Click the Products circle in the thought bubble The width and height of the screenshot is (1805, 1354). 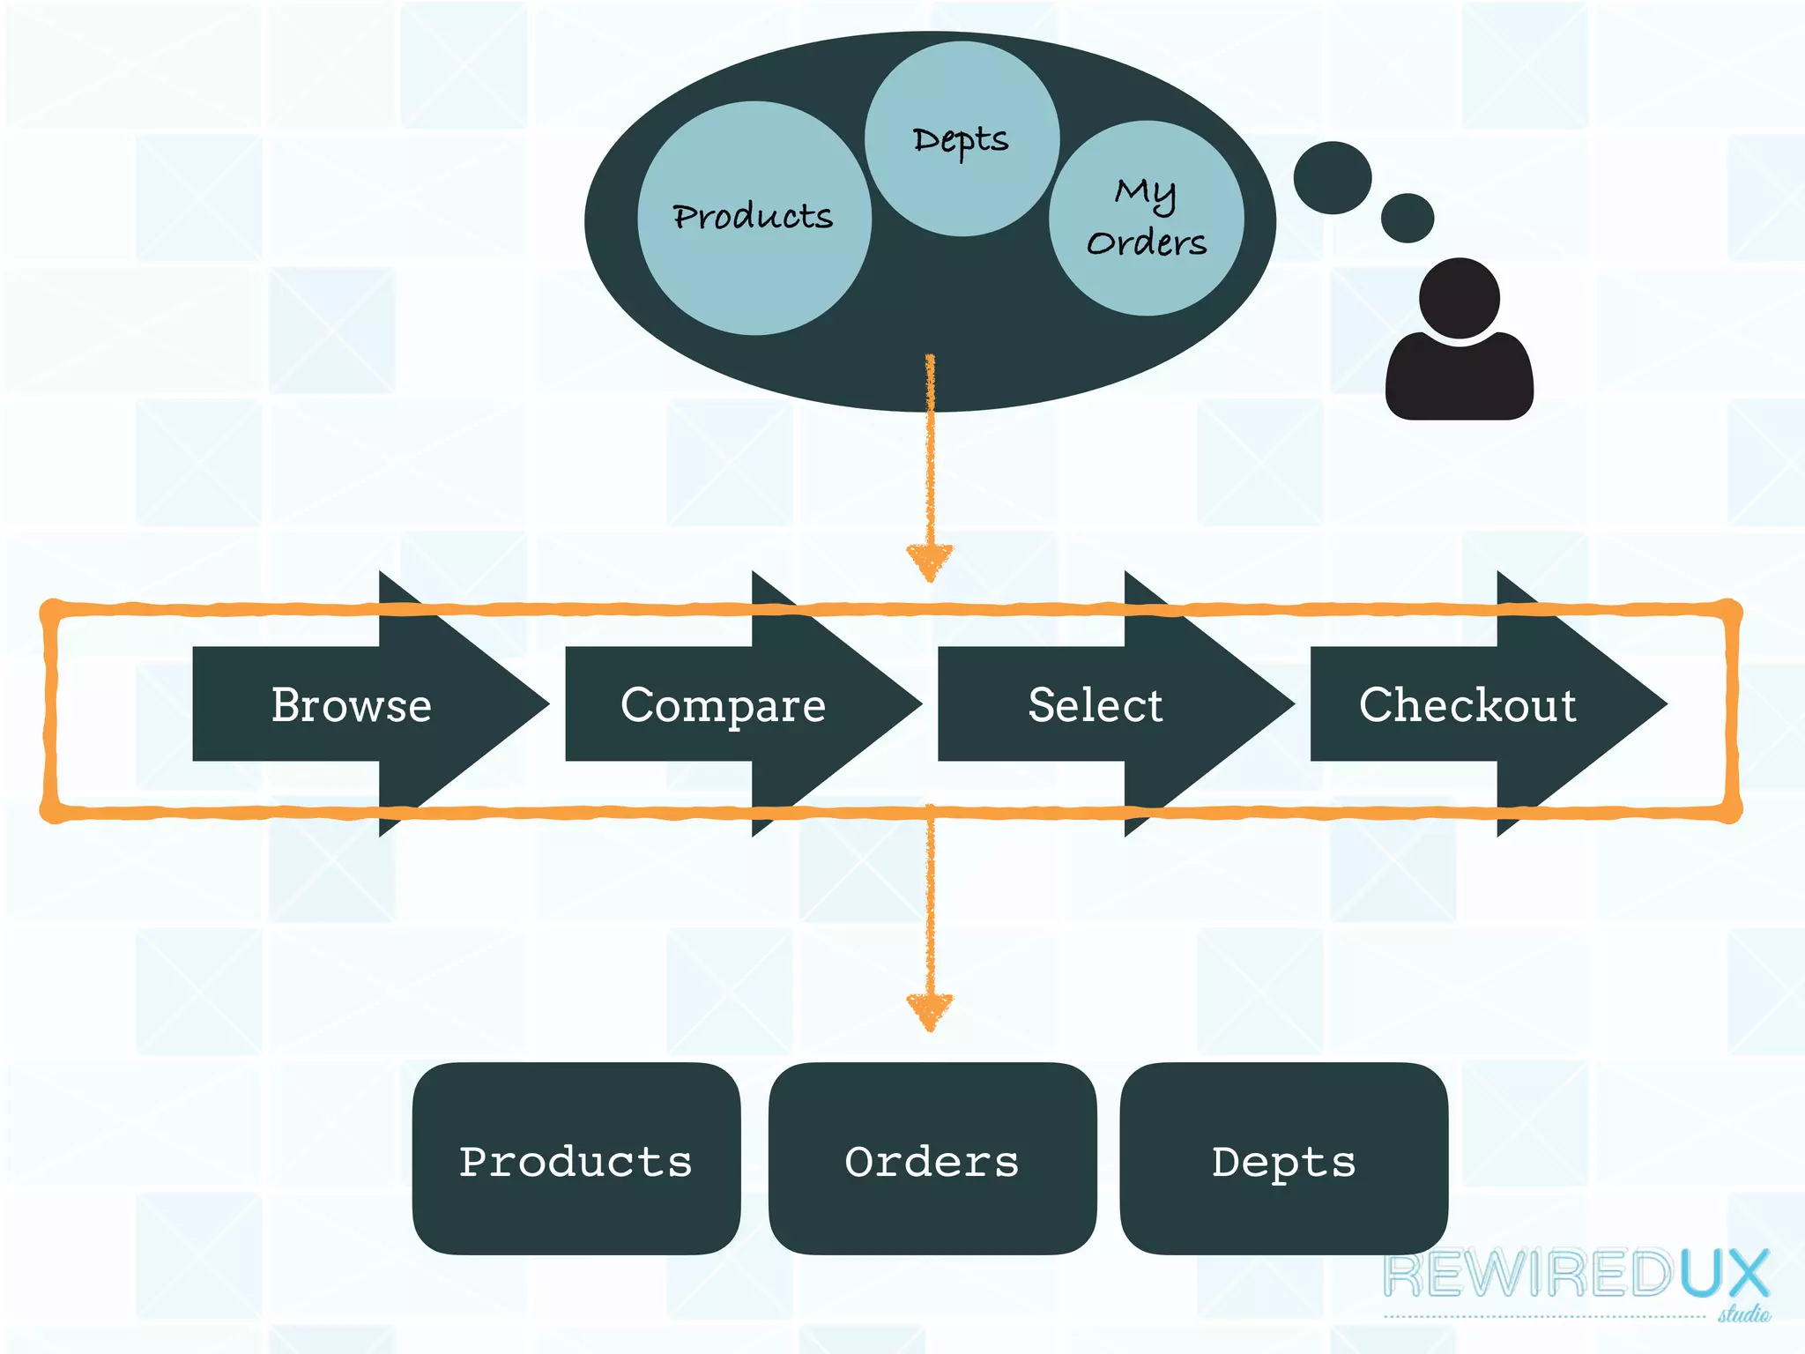click(x=754, y=218)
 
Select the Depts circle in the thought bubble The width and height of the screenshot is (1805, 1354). click(x=962, y=139)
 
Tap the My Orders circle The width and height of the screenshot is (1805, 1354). click(x=1146, y=219)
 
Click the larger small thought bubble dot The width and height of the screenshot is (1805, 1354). click(x=1332, y=177)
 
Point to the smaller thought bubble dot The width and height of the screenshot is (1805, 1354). click(x=1407, y=218)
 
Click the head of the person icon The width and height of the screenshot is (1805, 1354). click(x=1459, y=297)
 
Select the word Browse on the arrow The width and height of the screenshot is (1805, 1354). click(x=351, y=705)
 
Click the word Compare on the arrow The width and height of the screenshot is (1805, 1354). click(x=723, y=705)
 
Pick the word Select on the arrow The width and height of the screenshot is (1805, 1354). click(x=1096, y=705)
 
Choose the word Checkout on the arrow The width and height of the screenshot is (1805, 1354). click(x=1467, y=705)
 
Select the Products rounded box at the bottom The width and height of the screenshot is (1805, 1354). click(x=576, y=1159)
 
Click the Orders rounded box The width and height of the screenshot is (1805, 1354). click(x=932, y=1159)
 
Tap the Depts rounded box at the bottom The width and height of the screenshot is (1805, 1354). click(x=1283, y=1159)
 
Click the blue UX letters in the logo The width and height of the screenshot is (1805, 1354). click(x=1723, y=1275)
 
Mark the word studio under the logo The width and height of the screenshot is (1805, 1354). click(x=1742, y=1314)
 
